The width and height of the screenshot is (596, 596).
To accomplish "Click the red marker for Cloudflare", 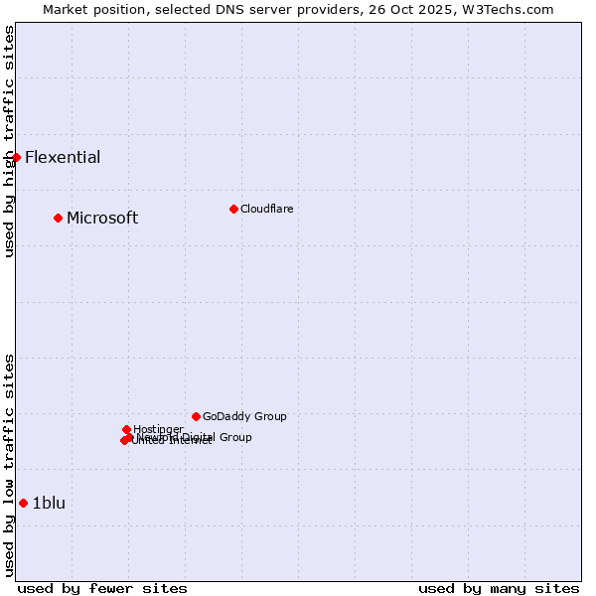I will coord(233,209).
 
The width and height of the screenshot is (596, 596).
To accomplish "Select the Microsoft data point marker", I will coord(58,218).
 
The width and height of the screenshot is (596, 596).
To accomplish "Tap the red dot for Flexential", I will coord(16,157).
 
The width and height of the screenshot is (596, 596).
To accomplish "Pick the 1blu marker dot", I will coord(23,503).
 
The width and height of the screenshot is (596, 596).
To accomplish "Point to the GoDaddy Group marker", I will coord(196,416).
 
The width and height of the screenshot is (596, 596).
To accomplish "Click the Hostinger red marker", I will coord(126,429).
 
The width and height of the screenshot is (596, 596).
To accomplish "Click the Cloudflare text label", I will coord(266,209).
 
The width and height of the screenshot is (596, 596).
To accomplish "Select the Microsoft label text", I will coord(102,219).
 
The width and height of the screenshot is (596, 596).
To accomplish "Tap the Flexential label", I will coord(63,158).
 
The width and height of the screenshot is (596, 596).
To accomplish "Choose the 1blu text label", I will coord(49,504).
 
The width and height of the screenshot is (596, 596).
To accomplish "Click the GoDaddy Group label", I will coord(244,417).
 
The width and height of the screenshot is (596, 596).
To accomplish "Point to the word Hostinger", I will coord(158,429).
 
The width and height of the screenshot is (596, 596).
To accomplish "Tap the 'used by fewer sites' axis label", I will coord(102,588).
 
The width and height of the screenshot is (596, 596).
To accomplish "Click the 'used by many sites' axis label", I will coord(499,588).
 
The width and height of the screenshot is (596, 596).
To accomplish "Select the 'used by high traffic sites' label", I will coord(9,141).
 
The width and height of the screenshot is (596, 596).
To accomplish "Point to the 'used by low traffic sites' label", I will coord(9,465).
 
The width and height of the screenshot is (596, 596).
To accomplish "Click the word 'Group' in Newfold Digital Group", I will coord(234,437).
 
